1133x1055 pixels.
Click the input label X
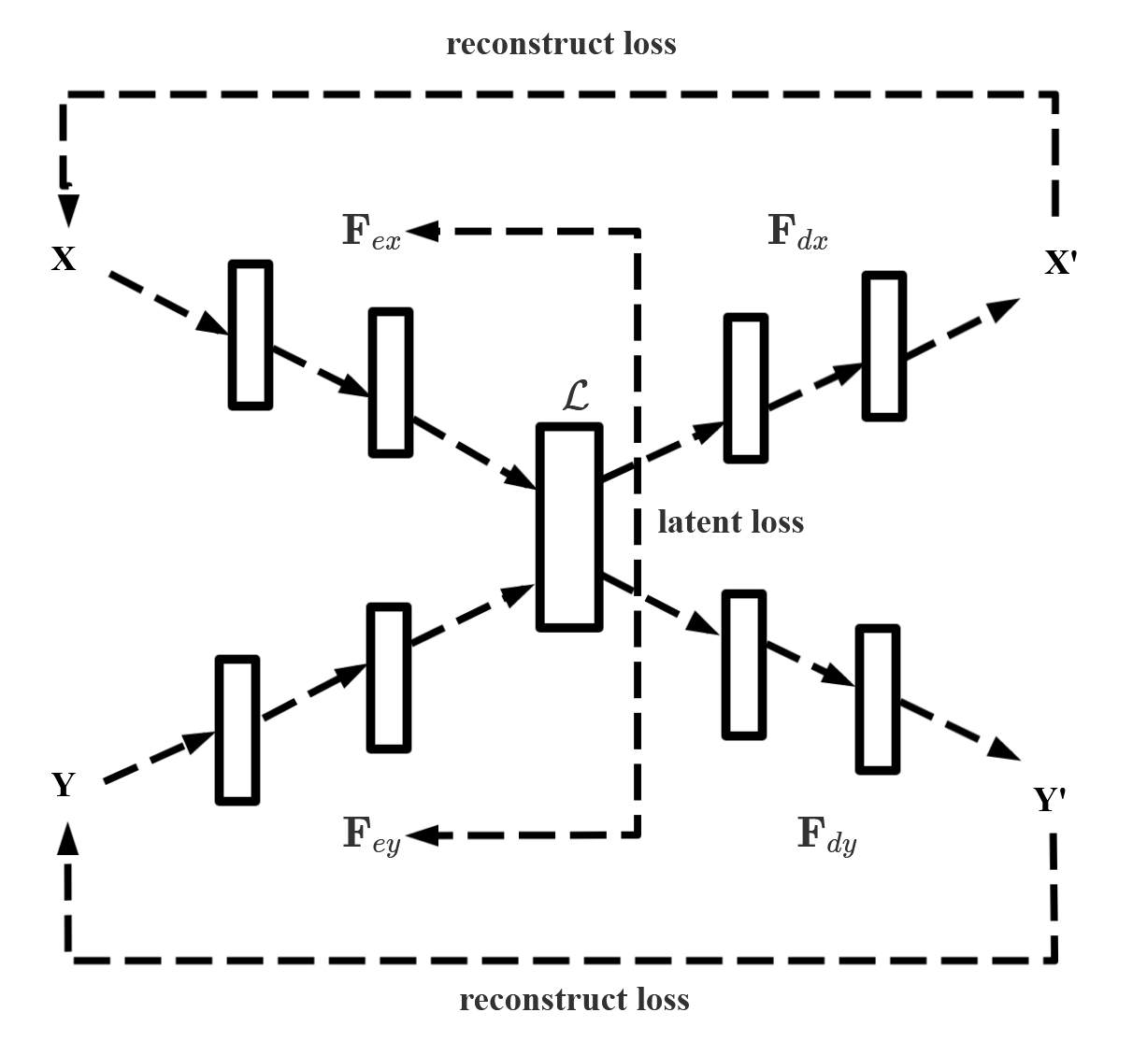pos(64,260)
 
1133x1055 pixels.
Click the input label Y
pos(64,785)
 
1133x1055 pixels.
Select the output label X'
pos(1061,264)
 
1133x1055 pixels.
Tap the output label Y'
pos(1050,800)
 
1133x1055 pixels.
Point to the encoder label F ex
pos(370,232)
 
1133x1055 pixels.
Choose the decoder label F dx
pos(796,232)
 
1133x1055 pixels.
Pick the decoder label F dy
pos(826,834)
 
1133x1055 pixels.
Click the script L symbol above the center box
pos(576,396)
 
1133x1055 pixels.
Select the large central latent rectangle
pos(568,526)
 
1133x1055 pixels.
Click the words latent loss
pos(730,521)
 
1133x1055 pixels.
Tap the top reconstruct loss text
pos(561,44)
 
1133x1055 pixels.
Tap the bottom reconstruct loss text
pos(574,1000)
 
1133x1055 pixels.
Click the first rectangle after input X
pos(251,335)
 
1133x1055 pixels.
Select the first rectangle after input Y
pos(237,730)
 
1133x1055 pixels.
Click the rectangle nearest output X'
pos(883,345)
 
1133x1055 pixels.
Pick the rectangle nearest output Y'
pos(878,699)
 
